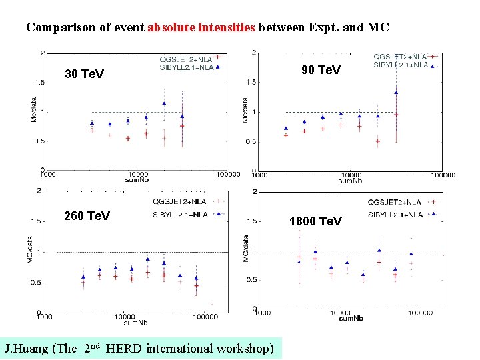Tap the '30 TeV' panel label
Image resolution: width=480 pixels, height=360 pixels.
point(84,74)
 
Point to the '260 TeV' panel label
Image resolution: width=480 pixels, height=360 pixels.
point(87,216)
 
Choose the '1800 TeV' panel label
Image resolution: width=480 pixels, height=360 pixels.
point(315,221)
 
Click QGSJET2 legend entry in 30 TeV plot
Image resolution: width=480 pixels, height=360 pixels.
point(186,57)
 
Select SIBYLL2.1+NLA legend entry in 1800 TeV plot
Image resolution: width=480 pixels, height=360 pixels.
point(395,215)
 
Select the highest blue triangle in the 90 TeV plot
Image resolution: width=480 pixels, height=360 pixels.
point(396,93)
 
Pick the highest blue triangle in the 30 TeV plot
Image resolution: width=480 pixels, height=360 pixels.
point(164,103)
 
